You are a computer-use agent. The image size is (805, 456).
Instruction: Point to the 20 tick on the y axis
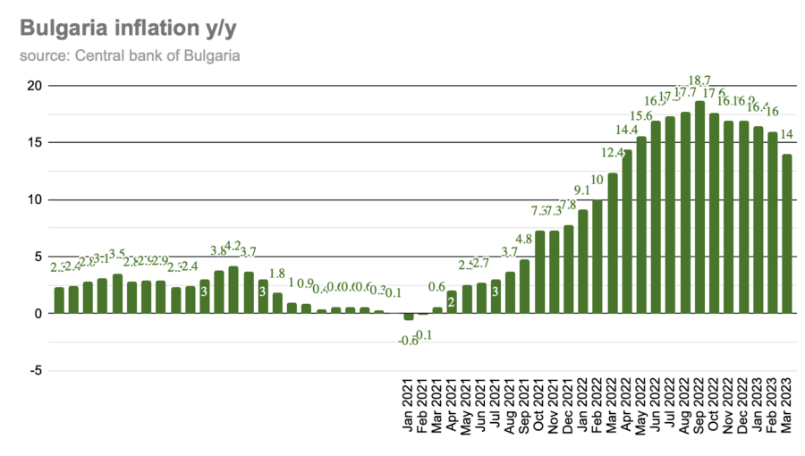pyautogui.click(x=33, y=86)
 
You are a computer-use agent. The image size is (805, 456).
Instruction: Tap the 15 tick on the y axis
pyautogui.click(x=33, y=142)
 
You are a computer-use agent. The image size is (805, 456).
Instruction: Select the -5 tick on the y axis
pyautogui.click(x=33, y=370)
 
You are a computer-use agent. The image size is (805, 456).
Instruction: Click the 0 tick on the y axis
pyautogui.click(x=37, y=314)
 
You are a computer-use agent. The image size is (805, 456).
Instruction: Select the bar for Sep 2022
pyautogui.click(x=699, y=207)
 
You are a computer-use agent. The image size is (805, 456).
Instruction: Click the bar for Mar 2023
pyautogui.click(x=787, y=233)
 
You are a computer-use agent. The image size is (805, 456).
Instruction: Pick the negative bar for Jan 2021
pyautogui.click(x=409, y=317)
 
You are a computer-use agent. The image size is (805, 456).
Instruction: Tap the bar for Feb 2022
pyautogui.click(x=597, y=257)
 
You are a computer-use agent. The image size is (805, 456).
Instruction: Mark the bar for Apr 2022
pyautogui.click(x=627, y=232)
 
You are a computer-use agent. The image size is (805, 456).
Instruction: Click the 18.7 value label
pyautogui.click(x=699, y=80)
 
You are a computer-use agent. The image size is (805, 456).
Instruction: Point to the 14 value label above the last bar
pyautogui.click(x=787, y=134)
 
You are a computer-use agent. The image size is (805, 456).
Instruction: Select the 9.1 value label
pyautogui.click(x=583, y=190)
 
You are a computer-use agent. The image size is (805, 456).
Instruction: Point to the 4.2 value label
pyautogui.click(x=233, y=245)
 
